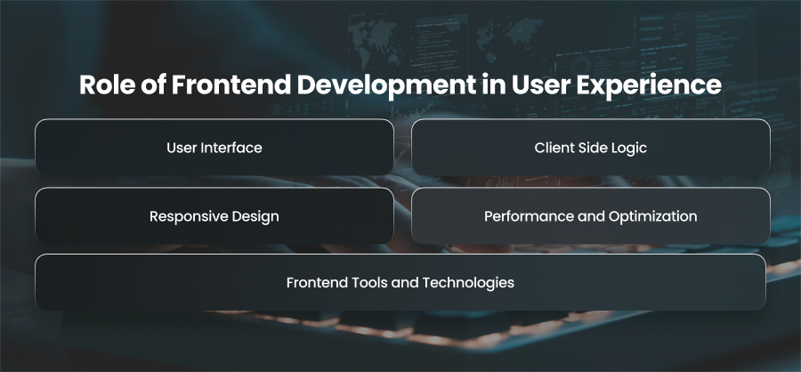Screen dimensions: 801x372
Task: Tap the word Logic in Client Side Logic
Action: point(632,149)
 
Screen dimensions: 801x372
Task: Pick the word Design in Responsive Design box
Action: point(255,216)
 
